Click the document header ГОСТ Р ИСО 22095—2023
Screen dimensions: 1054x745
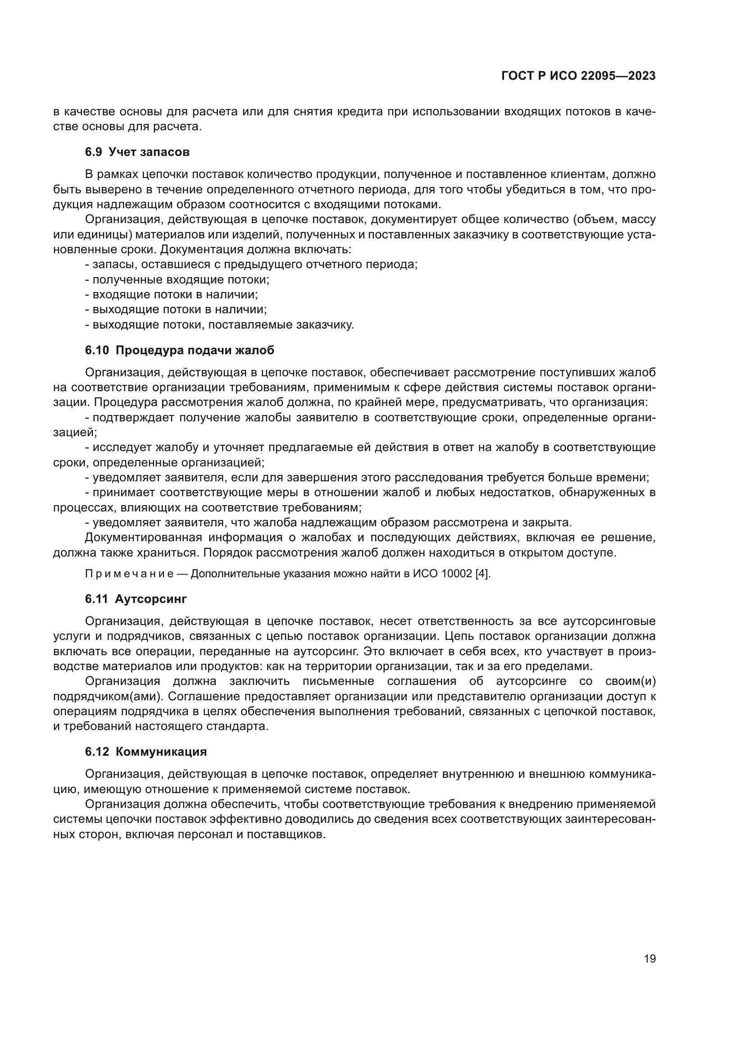pyautogui.click(x=578, y=76)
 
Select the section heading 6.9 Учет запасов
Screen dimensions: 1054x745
pyautogui.click(x=137, y=152)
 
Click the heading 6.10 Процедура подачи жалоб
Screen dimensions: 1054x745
pyautogui.click(x=179, y=350)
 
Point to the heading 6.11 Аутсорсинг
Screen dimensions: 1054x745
pyautogui.click(x=136, y=599)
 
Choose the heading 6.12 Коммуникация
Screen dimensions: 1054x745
pyautogui.click(x=146, y=752)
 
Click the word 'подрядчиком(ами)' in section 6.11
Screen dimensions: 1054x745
pyautogui.click(x=108, y=696)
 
